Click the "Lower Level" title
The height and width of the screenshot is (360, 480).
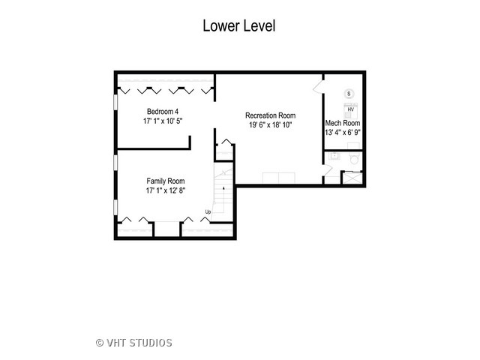click(x=239, y=25)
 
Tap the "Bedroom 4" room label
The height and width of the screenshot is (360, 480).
click(x=163, y=112)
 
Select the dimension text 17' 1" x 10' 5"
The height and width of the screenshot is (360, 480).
click(x=163, y=121)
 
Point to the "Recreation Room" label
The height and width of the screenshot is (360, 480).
click(x=270, y=115)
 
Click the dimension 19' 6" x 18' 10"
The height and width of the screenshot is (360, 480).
click(x=270, y=125)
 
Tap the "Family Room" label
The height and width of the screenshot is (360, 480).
click(x=165, y=181)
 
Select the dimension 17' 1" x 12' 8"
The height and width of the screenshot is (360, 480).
click(x=165, y=190)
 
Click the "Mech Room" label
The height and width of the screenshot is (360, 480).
click(x=343, y=123)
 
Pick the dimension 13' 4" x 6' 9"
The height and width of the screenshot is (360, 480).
click(x=343, y=133)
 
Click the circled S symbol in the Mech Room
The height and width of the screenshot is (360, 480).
click(x=349, y=94)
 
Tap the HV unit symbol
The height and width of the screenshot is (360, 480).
click(x=350, y=110)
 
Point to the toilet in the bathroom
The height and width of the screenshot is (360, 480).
click(x=355, y=159)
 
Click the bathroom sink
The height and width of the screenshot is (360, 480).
click(x=334, y=156)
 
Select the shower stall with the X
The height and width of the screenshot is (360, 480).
click(x=352, y=178)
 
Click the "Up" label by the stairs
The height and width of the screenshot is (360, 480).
click(x=208, y=211)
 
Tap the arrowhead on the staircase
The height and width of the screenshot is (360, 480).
click(x=223, y=188)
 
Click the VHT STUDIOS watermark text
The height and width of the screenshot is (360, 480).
click(x=134, y=343)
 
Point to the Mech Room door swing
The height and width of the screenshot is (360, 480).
click(x=318, y=86)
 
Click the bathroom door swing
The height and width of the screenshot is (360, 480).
click(x=327, y=170)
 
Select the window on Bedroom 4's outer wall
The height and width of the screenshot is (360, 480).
click(x=115, y=101)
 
